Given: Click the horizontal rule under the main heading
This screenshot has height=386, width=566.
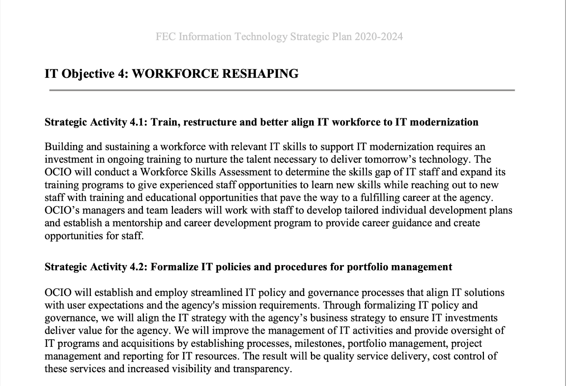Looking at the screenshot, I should point(282,90).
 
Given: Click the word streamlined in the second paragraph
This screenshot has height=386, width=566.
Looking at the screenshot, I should point(216,293).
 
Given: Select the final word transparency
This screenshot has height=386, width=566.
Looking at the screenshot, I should point(262,369).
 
